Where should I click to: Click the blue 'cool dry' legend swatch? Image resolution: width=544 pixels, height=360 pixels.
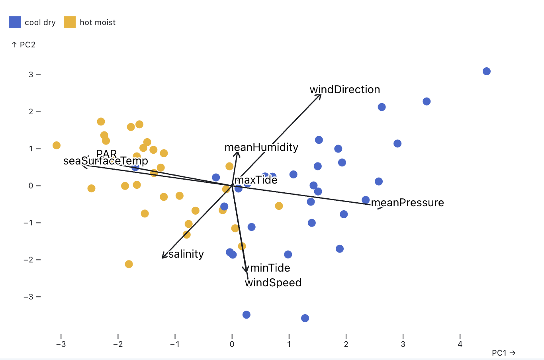coord(15,22)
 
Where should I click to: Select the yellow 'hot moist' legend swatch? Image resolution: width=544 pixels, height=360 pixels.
coord(70,22)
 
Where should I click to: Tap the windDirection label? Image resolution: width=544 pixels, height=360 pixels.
coord(345,90)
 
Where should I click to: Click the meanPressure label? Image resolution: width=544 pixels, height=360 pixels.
coord(407,203)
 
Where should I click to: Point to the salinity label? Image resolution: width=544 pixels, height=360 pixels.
coord(186,254)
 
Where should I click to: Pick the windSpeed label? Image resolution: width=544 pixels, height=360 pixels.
coord(273,283)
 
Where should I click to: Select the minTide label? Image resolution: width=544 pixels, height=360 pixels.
coord(270,268)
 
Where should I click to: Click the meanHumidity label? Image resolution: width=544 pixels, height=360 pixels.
coord(261,147)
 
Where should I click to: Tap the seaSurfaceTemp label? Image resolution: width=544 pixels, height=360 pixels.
coord(106,161)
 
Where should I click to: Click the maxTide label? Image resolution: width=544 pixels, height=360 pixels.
coord(256,180)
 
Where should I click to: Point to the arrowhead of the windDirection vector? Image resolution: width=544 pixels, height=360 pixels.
coord(321,95)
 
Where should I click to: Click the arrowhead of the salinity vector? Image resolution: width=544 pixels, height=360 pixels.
coord(162,258)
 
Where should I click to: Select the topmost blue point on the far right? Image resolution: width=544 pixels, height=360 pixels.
coord(486,71)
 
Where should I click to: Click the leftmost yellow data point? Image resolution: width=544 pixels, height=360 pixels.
coord(57,145)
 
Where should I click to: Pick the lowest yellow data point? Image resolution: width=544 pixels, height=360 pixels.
coord(129,264)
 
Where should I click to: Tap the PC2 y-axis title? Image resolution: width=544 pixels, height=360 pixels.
coord(24,45)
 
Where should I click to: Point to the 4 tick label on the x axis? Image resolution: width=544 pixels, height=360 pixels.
coord(460,344)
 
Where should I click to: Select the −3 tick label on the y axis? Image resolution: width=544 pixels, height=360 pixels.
coord(28,297)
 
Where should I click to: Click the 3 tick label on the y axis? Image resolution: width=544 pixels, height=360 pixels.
coord(31,75)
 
